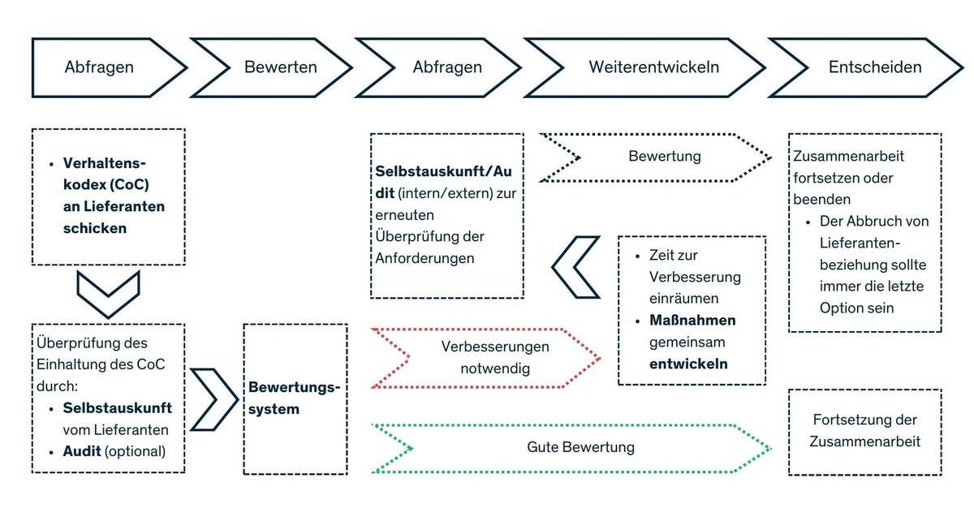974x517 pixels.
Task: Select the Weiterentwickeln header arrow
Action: [x=654, y=67]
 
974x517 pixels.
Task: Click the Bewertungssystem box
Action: [x=295, y=399]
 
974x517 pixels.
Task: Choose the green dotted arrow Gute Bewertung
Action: [x=580, y=447]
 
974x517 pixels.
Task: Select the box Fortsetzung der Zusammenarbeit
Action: [x=864, y=431]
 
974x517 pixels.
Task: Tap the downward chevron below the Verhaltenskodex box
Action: [x=108, y=294]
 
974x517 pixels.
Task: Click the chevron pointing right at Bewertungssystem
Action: [x=213, y=399]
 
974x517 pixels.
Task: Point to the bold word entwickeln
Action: [x=688, y=364]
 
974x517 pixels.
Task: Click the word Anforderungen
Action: [x=425, y=259]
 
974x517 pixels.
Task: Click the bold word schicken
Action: [x=94, y=228]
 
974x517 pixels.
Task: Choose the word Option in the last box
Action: [x=842, y=308]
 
